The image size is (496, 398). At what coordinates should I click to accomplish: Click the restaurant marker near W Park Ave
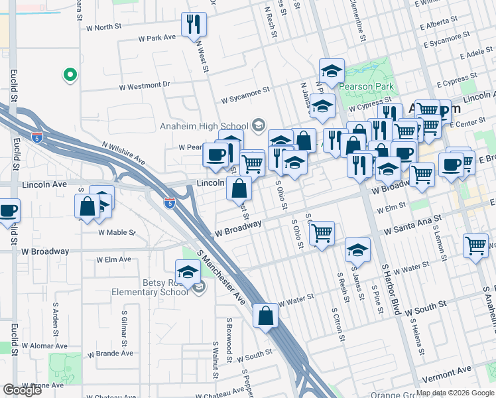click(x=194, y=25)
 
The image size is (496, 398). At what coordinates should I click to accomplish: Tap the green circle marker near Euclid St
click(x=69, y=76)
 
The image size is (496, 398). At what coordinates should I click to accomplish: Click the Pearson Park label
click(x=366, y=86)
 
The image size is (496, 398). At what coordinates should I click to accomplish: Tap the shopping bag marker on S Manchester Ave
click(x=265, y=316)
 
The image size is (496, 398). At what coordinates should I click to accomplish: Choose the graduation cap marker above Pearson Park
click(x=332, y=70)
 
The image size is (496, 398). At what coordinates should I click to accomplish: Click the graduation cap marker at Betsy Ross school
click(x=188, y=271)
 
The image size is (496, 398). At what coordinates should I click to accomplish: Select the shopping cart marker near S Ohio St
click(x=322, y=233)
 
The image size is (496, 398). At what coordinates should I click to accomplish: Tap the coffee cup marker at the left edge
click(x=8, y=211)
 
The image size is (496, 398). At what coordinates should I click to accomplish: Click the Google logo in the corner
click(x=22, y=390)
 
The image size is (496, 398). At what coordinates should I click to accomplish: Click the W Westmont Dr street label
click(x=145, y=86)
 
